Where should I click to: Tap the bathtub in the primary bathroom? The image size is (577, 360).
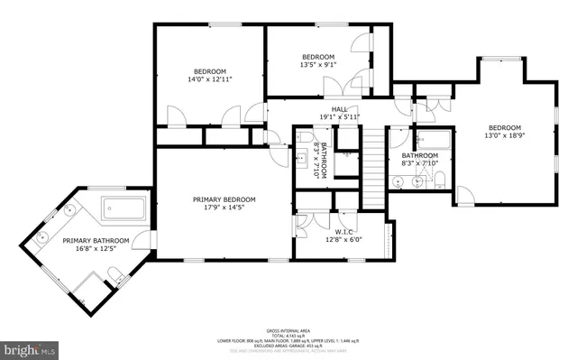(125, 208)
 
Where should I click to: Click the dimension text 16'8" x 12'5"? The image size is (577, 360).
(96, 249)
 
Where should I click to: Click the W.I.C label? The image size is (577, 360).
(343, 231)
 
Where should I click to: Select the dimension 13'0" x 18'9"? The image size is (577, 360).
(505, 136)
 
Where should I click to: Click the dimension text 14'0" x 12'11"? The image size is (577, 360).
(209, 79)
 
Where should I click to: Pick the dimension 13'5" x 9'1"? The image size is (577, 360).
(317, 64)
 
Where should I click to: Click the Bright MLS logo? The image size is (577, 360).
(30, 346)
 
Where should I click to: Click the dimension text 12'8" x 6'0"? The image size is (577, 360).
(343, 239)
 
